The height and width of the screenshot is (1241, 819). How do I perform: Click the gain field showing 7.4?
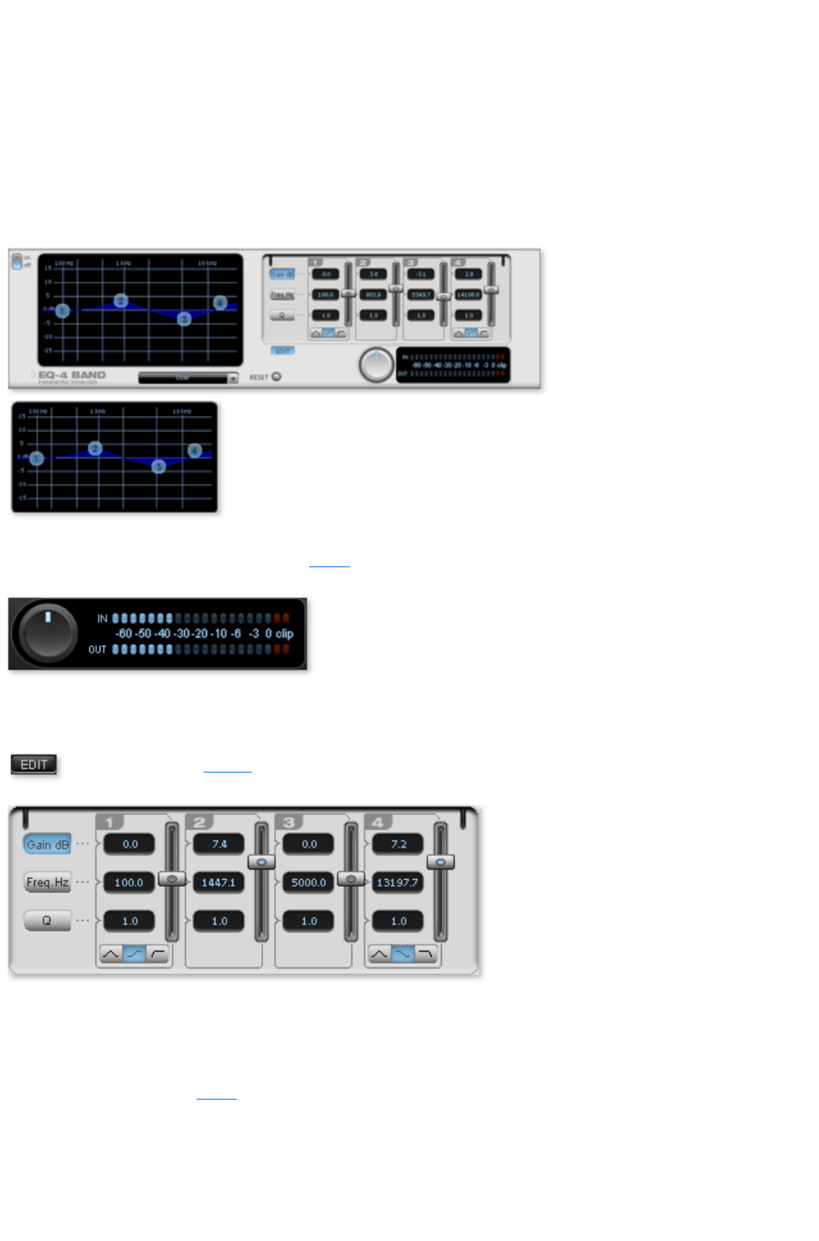tap(219, 844)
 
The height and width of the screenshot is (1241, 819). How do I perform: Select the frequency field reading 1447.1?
tap(219, 882)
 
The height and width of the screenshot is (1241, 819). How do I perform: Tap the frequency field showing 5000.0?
tap(308, 882)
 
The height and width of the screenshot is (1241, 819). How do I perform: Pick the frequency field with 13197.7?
tap(398, 882)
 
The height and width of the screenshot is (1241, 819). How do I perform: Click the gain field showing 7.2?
tap(398, 844)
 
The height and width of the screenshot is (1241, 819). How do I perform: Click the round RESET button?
tap(276, 376)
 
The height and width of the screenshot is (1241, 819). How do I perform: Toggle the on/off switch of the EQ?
tap(16, 261)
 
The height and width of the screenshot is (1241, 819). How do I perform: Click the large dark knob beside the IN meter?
tap(48, 633)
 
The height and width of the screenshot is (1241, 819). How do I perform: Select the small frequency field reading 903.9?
tap(373, 295)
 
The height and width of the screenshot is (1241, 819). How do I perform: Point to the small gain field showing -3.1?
tap(421, 274)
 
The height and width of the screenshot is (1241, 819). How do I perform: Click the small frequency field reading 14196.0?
tap(468, 295)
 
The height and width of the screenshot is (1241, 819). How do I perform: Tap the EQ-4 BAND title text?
tap(72, 375)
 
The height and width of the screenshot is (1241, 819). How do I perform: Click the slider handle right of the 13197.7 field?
tap(440, 862)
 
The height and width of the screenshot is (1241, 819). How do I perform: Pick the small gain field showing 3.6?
tap(373, 274)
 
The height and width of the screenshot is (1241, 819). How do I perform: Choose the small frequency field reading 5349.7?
tap(421, 295)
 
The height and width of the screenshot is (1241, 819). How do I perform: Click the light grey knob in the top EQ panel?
tap(375, 365)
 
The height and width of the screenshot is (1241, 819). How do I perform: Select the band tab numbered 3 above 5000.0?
tap(289, 822)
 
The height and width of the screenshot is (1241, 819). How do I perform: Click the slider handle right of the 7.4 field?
tap(261, 862)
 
